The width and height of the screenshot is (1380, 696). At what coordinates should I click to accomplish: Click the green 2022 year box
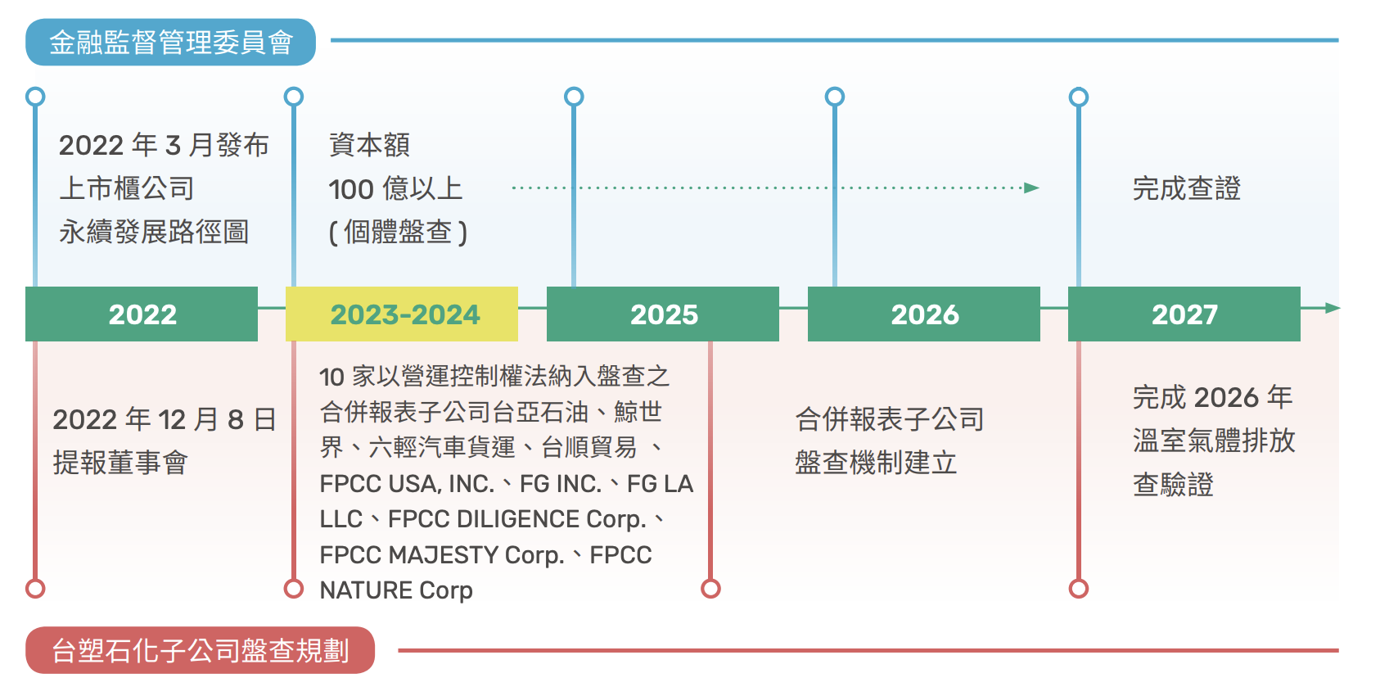(x=142, y=314)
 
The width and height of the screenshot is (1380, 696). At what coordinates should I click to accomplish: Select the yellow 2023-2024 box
(x=402, y=314)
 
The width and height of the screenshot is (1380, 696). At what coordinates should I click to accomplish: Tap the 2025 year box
(x=663, y=314)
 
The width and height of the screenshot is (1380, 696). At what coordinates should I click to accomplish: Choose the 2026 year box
(x=924, y=314)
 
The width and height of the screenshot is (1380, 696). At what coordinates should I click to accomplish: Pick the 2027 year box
(x=1184, y=314)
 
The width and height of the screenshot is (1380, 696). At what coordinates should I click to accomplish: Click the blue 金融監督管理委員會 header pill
(x=170, y=42)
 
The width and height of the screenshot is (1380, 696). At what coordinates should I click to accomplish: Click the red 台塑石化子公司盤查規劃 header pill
(x=201, y=650)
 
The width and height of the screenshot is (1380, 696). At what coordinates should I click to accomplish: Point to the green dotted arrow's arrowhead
(x=1032, y=188)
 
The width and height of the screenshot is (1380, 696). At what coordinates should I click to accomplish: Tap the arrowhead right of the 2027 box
(x=1333, y=308)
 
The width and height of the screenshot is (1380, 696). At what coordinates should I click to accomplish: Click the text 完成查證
(x=1187, y=188)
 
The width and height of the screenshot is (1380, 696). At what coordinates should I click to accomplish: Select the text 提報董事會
(x=121, y=463)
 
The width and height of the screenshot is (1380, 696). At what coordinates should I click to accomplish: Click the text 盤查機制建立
(x=876, y=463)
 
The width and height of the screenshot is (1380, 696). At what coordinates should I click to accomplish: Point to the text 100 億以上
(x=395, y=188)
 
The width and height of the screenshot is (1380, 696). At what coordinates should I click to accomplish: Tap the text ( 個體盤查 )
(x=398, y=233)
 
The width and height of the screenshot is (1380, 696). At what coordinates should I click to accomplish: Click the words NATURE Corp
(x=396, y=590)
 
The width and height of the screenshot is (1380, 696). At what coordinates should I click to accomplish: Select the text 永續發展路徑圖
(x=154, y=233)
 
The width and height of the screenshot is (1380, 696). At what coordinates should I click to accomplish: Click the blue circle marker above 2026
(x=835, y=97)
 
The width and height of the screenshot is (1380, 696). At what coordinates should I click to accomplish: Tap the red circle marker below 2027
(x=1079, y=589)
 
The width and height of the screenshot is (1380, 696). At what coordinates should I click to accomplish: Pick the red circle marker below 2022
(x=36, y=589)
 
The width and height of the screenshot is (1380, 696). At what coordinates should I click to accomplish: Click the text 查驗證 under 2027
(x=1173, y=485)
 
